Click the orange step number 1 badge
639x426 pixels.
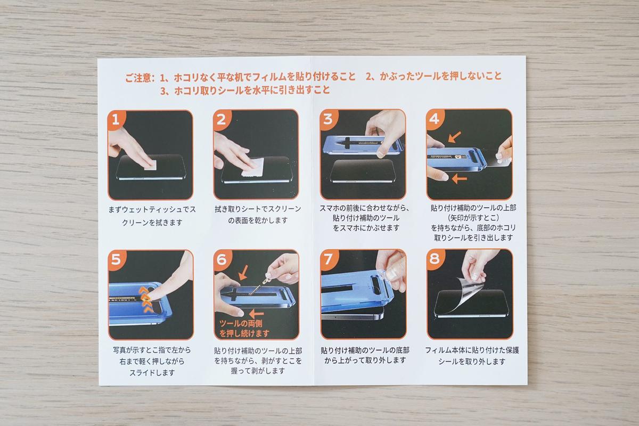pyautogui.click(x=116, y=119)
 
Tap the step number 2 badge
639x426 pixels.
pyautogui.click(x=222, y=119)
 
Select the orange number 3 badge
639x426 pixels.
pyautogui.click(x=328, y=119)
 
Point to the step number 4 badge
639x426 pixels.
pyautogui.click(x=435, y=119)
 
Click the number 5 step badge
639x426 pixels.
pyautogui.click(x=117, y=259)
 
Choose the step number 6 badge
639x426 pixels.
pyautogui.click(x=222, y=259)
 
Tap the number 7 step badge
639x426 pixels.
pyautogui.click(x=329, y=258)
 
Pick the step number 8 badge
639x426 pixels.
pyautogui.click(x=435, y=258)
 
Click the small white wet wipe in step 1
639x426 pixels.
pyautogui.click(x=150, y=165)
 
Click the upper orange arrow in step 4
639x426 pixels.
pyautogui.click(x=454, y=137)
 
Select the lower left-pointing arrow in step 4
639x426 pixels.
pyautogui.click(x=459, y=179)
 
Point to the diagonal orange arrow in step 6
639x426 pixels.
pyautogui.click(x=243, y=273)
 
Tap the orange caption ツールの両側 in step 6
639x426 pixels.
pyautogui.click(x=241, y=324)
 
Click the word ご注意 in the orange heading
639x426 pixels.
pyautogui.click(x=138, y=78)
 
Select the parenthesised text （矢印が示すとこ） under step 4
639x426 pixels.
pyautogui.click(x=473, y=218)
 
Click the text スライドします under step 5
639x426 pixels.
pyautogui.click(x=152, y=373)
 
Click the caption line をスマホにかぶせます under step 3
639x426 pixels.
pyautogui.click(x=366, y=228)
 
